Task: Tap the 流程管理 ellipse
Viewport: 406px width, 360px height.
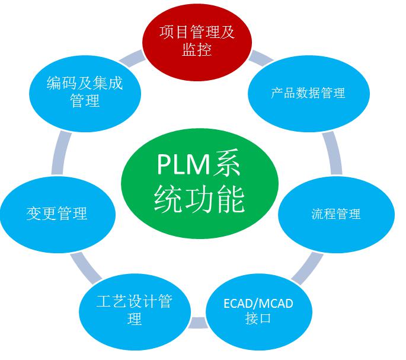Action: pyautogui.click(x=335, y=214)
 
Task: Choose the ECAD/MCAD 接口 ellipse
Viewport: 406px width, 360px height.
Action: pyautogui.click(x=258, y=311)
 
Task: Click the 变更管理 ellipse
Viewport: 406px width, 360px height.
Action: pyautogui.click(x=57, y=213)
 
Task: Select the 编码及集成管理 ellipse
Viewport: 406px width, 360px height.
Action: pyautogui.click(x=85, y=91)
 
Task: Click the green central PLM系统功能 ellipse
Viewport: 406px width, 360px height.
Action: pyautogui.click(x=199, y=181)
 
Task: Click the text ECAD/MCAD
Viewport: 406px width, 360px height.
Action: pyautogui.click(x=258, y=304)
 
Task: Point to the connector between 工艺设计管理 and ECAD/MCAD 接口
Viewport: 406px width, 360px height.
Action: pyautogui.click(x=196, y=324)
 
